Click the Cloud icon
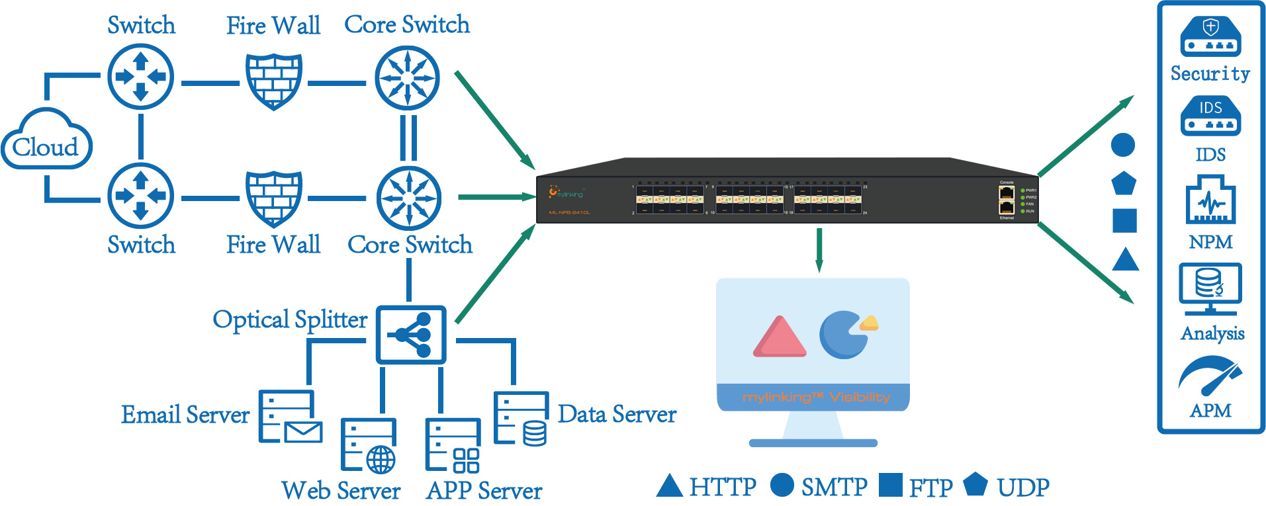coord(46,140)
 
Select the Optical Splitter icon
coord(411,334)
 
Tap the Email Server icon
coord(289,417)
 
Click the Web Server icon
coord(369,445)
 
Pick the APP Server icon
coord(453,445)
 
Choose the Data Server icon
coord(521,418)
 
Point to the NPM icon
coord(1210,199)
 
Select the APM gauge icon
coord(1210,376)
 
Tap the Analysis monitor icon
coord(1210,288)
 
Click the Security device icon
coord(1210,36)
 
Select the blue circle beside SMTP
coord(782,485)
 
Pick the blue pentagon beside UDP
coord(975,484)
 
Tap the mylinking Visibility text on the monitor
coord(816,398)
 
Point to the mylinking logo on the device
coord(565,192)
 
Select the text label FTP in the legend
coord(930,488)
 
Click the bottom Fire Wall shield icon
coord(274,198)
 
